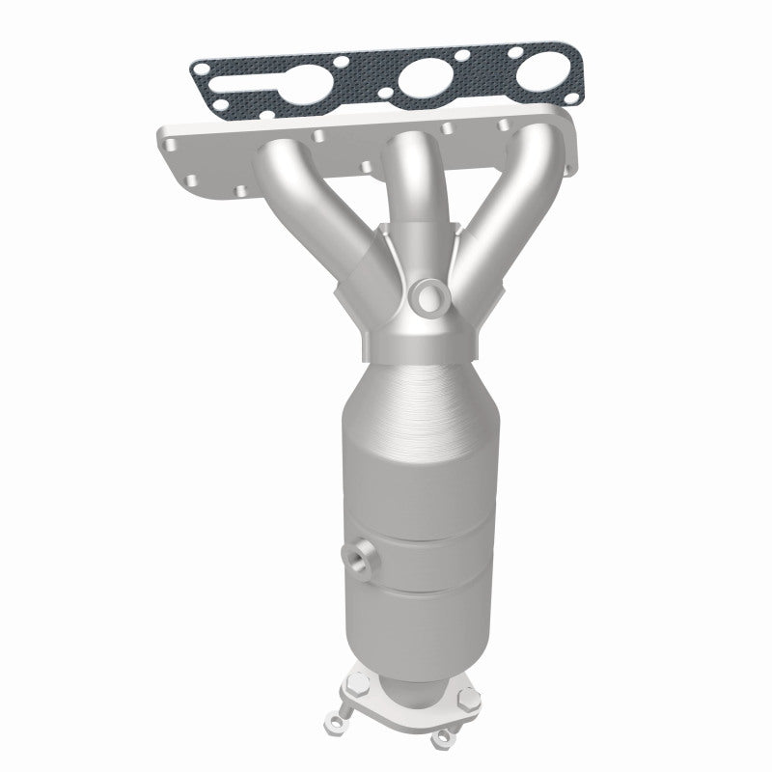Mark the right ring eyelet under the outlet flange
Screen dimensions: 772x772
(x=445, y=739)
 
